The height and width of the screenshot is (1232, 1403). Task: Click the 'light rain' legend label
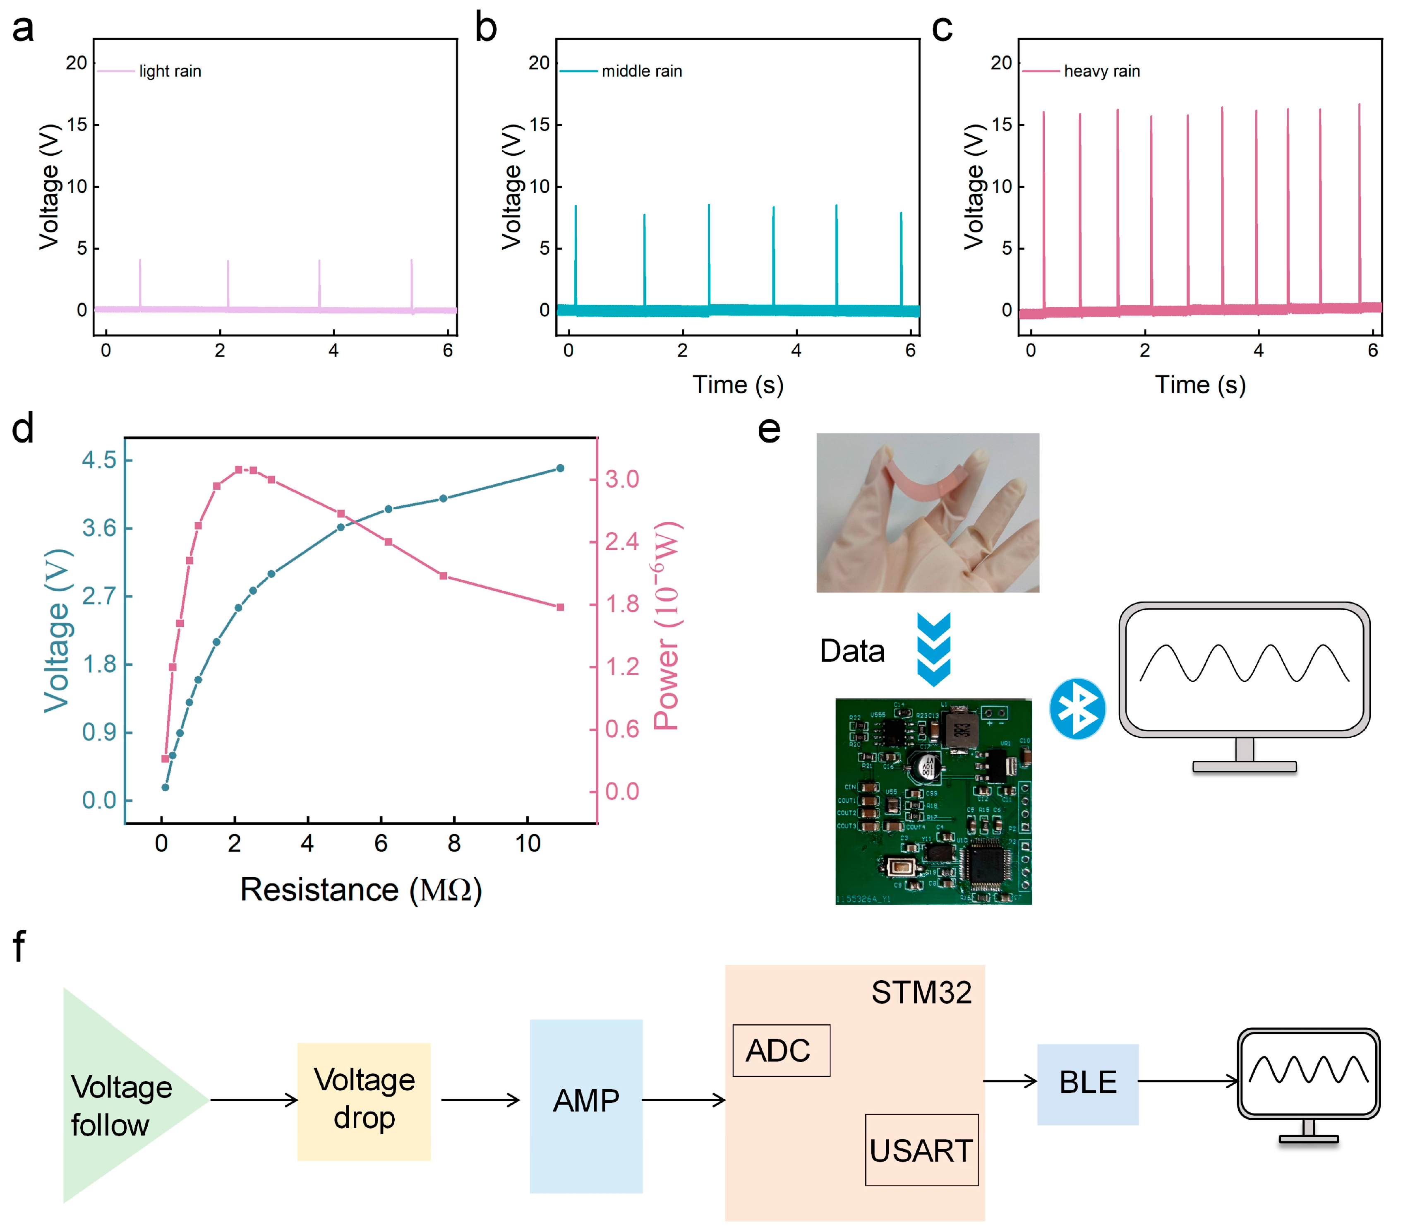click(170, 72)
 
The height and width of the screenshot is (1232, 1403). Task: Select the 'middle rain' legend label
click(641, 72)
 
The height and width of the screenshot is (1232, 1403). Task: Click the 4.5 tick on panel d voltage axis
click(100, 460)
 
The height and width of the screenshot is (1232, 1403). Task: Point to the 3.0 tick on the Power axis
click(622, 479)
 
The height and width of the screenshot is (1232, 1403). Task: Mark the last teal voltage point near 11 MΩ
click(560, 468)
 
